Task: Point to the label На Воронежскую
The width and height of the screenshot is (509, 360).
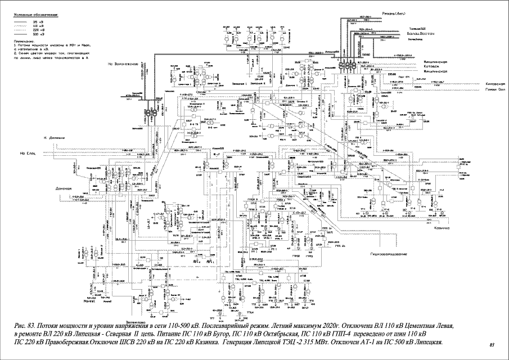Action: (x=123, y=65)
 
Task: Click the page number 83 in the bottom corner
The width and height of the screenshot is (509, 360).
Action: (x=491, y=344)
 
